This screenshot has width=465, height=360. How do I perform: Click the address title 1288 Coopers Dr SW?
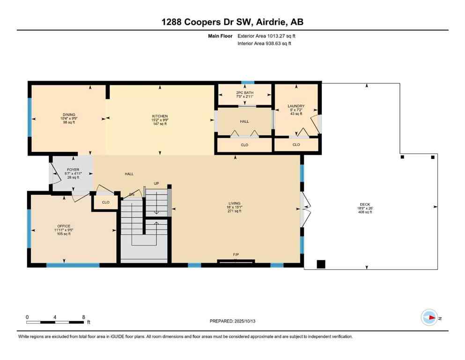coord(232,22)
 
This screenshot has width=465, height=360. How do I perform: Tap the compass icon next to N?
coord(428,317)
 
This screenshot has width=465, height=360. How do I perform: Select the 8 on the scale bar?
coord(83,317)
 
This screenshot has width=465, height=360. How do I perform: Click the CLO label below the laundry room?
coord(296,145)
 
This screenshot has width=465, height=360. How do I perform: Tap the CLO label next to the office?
coord(105,202)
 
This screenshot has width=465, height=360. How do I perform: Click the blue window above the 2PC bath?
coord(244,83)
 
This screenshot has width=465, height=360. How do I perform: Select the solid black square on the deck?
coord(321,264)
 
